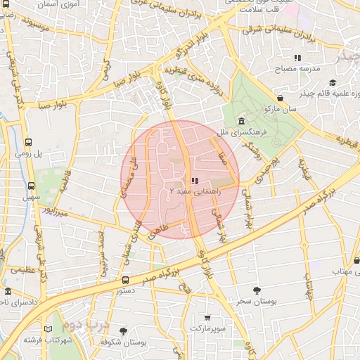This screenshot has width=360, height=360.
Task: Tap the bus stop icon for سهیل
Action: pyautogui.click(x=30, y=186)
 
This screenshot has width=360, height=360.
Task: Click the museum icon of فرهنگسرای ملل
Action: pyautogui.click(x=241, y=121)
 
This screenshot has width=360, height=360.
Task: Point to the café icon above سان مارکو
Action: pyautogui.click(x=281, y=98)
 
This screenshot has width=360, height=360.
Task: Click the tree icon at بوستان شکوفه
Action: pyautogui.click(x=123, y=330)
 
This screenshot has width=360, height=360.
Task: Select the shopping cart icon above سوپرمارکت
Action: pyautogui.click(x=207, y=318)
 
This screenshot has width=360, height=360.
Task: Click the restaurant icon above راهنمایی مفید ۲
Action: pyautogui.click(x=195, y=181)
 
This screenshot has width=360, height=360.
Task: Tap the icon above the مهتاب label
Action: pyautogui.click(x=356, y=260)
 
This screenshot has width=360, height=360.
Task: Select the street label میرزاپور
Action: pyautogui.click(x=54, y=209)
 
